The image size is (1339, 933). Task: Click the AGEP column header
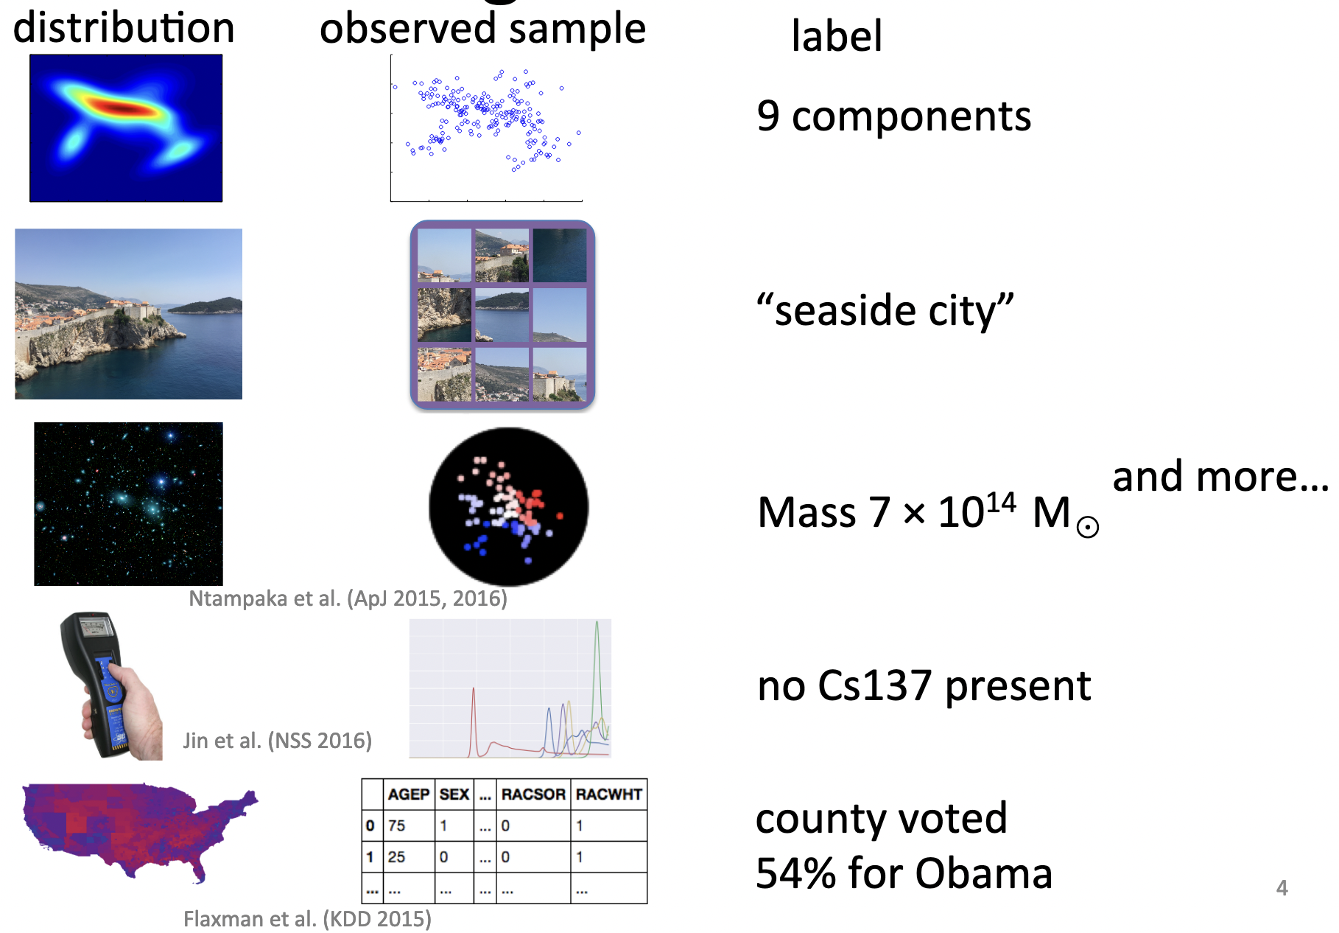tap(409, 794)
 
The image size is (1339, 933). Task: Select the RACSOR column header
tap(533, 794)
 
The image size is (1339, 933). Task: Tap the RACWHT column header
tap(609, 794)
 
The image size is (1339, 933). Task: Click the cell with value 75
tap(409, 825)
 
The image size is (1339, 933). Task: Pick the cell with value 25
tap(409, 857)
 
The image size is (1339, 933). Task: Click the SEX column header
tap(454, 794)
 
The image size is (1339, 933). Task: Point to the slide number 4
tap(1282, 888)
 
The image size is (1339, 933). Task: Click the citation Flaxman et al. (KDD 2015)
tap(307, 919)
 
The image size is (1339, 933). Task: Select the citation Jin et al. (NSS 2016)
tap(277, 740)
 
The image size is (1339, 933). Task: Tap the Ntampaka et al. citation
tap(348, 598)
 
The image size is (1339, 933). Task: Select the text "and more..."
tap(1220, 476)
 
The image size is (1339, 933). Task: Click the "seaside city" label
tap(885, 310)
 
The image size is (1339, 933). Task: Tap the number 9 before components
tap(768, 116)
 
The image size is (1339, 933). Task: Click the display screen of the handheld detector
tap(95, 627)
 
